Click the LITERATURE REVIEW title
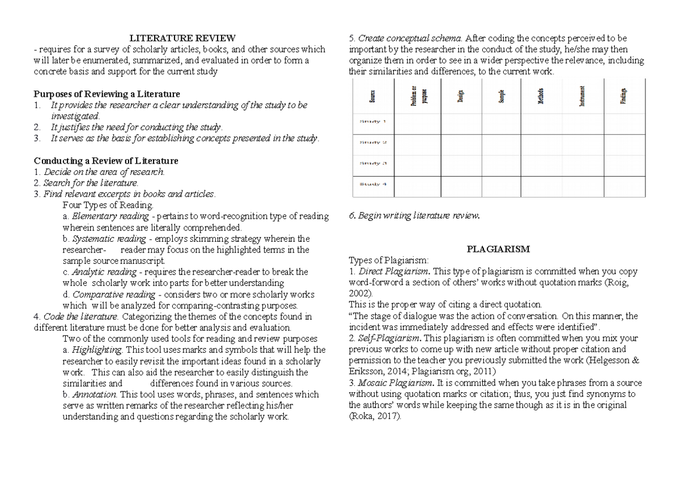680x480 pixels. coord(182,38)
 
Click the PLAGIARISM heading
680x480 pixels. coord(498,249)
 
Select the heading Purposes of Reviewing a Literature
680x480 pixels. coord(107,94)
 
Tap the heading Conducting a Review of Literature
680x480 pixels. coord(106,161)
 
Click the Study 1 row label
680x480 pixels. coord(372,121)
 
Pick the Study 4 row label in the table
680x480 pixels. coord(372,184)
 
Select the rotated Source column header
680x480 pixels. coord(372,97)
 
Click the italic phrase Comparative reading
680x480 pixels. coord(113,294)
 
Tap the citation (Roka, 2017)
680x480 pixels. coord(375,416)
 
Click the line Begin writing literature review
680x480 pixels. coord(414,216)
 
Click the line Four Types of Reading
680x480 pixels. coord(108,205)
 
